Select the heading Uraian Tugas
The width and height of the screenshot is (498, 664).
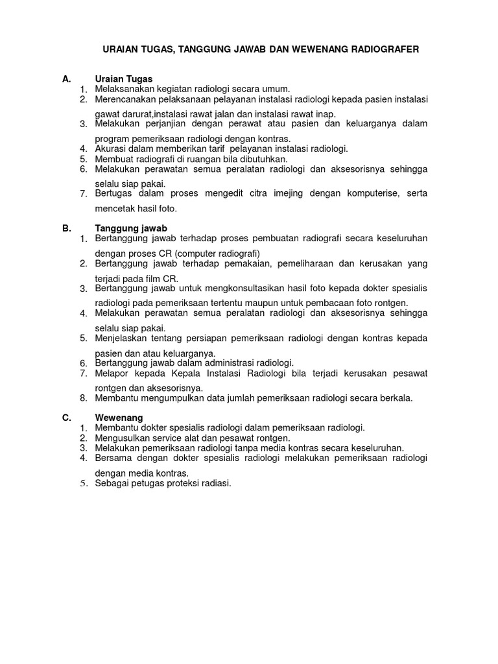click(x=123, y=79)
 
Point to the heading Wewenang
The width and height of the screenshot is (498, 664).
click(x=119, y=418)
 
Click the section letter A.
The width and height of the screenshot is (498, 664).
click(x=65, y=79)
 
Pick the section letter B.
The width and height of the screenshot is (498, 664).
click(x=65, y=228)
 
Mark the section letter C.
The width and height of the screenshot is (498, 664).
click(x=66, y=418)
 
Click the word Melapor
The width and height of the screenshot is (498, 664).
click(x=110, y=373)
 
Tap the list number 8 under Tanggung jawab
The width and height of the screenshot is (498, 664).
click(x=84, y=398)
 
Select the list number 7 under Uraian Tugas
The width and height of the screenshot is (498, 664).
click(x=84, y=194)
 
